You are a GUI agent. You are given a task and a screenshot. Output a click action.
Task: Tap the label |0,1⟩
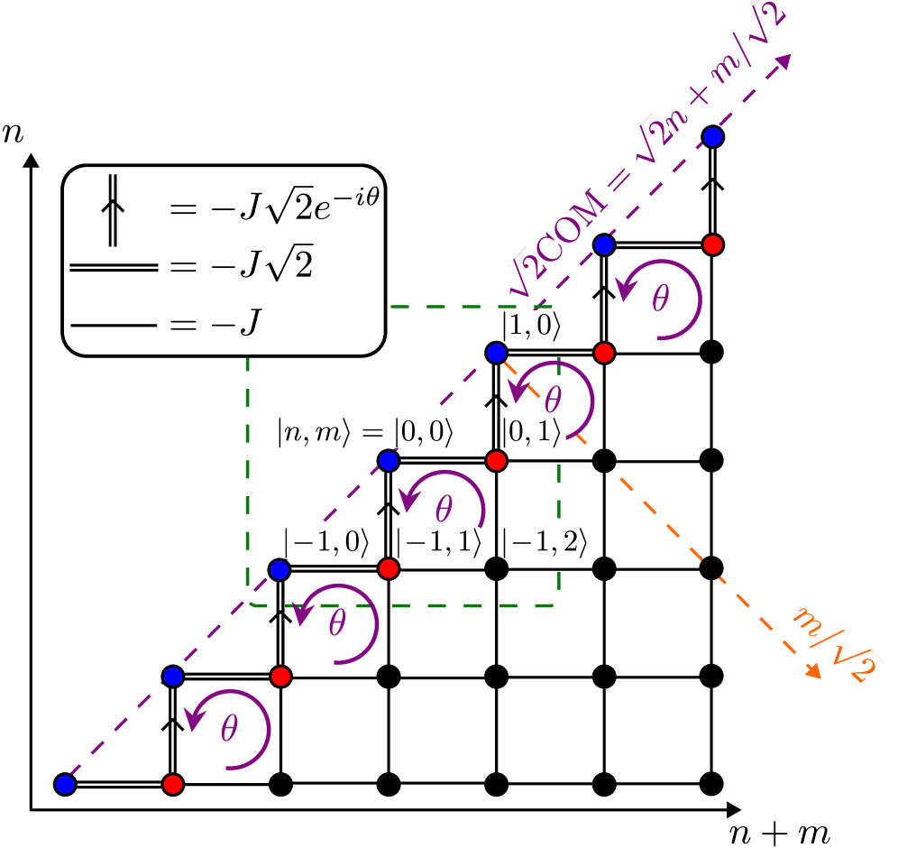pos(534,432)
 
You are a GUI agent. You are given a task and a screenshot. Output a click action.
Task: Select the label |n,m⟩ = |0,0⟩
pos(365,432)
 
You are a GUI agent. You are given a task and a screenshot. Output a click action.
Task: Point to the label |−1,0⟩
pos(325,541)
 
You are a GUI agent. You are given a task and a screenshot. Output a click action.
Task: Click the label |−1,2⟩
pos(545,541)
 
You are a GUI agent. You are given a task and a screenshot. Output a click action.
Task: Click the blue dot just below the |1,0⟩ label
pos(496,353)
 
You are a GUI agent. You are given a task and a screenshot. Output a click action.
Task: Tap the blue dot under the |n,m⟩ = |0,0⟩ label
pos(389,461)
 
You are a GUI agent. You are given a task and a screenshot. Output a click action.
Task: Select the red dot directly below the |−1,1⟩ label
pos(389,569)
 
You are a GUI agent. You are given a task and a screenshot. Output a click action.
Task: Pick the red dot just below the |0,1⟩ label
pos(496,461)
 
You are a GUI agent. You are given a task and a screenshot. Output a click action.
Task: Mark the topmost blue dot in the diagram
pos(713,137)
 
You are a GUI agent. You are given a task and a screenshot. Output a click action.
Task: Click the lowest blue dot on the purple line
pos(65,785)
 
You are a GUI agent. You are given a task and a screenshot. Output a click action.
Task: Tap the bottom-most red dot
pos(173,785)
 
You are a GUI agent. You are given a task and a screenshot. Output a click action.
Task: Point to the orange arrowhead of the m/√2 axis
pos(813,671)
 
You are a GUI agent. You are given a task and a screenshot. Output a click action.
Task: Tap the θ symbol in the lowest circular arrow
pos(229,729)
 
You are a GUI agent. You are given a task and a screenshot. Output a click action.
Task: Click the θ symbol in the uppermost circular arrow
pos(660,299)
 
